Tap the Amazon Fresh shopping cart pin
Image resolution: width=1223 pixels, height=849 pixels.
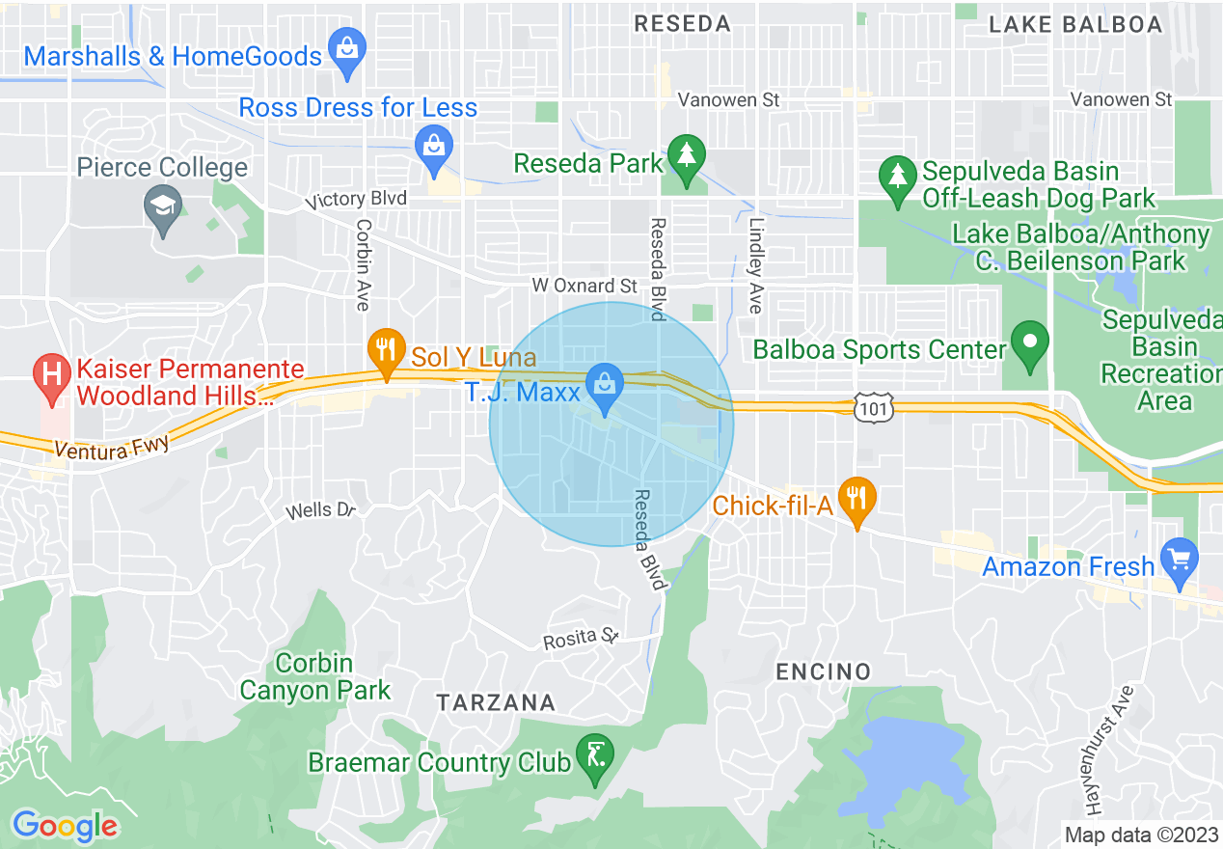[x=1180, y=560]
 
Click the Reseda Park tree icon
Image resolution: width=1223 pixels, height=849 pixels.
[x=686, y=156]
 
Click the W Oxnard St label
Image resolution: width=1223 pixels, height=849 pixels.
[x=584, y=286]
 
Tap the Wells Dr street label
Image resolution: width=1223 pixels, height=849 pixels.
[x=321, y=509]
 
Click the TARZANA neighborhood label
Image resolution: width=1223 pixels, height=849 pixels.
[x=496, y=702]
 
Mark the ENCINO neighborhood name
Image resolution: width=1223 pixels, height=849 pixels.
[x=823, y=671]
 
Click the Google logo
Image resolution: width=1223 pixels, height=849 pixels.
[x=65, y=826]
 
